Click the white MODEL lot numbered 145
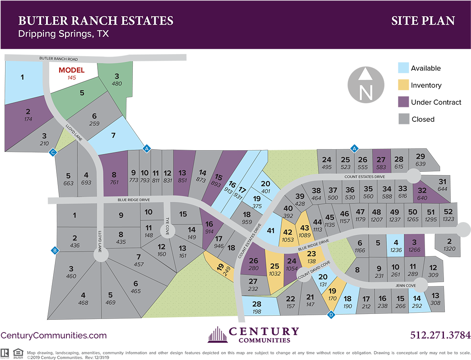click(71, 74)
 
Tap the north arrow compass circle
click(366, 84)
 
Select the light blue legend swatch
click(404, 68)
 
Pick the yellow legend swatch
click(404, 85)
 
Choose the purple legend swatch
click(404, 102)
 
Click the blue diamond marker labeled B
click(55, 250)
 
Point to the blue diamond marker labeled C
click(52, 152)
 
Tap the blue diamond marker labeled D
click(331, 314)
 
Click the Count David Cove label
click(313, 271)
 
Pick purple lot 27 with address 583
click(381, 163)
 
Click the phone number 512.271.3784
click(440, 335)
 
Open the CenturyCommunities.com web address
click(53, 335)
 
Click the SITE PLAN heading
click(423, 21)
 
